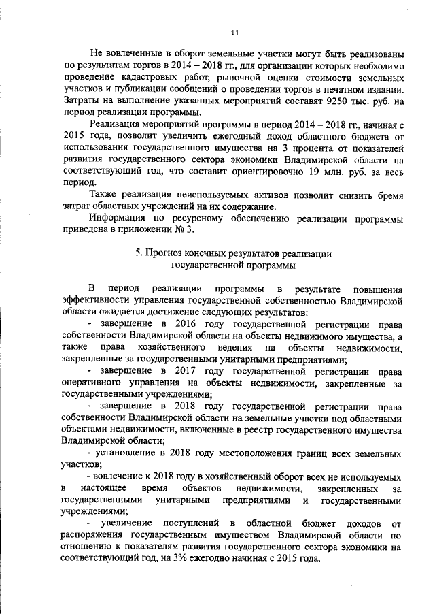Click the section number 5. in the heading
click(x=138, y=253)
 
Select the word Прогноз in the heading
click(x=164, y=253)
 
